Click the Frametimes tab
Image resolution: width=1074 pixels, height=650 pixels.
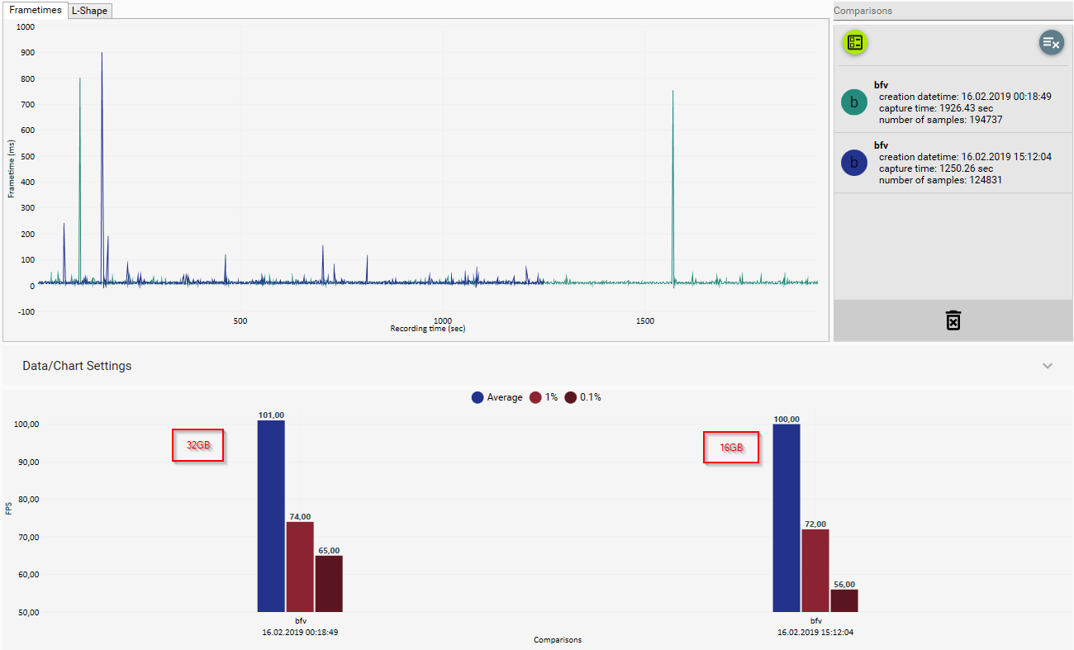tap(36, 10)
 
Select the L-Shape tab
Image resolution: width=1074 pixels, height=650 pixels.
tap(89, 11)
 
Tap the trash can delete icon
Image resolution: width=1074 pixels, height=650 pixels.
tap(953, 320)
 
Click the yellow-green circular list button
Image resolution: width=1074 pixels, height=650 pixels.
tap(855, 43)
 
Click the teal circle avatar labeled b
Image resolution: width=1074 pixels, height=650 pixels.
tap(853, 102)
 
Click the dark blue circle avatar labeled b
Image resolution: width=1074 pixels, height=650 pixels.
tap(853, 163)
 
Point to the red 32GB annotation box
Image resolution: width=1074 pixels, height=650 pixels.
tap(198, 445)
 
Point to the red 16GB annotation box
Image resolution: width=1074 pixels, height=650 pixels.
tap(730, 448)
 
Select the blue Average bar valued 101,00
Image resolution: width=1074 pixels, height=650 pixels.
tap(271, 516)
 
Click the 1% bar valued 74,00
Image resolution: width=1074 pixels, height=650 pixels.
tap(300, 567)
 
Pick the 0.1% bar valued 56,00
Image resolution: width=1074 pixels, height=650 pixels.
tap(844, 600)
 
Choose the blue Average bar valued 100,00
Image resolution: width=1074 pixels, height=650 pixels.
tap(786, 518)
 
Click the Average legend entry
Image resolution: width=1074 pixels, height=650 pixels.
tap(497, 397)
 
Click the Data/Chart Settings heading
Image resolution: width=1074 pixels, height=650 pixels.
tap(77, 366)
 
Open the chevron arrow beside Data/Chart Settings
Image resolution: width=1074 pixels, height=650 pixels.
tap(1048, 366)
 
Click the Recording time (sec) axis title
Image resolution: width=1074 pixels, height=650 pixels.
tap(428, 329)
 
